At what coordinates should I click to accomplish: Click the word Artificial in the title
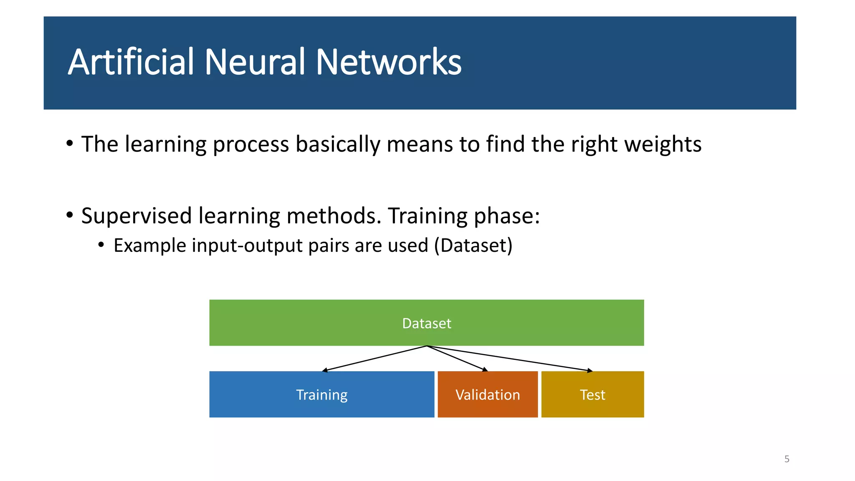131,62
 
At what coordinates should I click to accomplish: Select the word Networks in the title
388,62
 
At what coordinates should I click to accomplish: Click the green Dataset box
426,323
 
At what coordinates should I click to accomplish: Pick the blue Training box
321,395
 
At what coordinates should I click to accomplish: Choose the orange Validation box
488,395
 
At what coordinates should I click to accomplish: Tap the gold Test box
592,395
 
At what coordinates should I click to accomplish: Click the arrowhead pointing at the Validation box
485,370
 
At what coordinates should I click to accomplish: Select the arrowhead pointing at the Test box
590,370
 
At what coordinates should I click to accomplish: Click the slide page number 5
787,459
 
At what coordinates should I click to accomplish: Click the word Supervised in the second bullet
136,216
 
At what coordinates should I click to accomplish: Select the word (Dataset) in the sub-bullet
473,246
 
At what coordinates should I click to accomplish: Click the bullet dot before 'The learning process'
70,144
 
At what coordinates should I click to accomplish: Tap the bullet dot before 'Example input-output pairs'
101,244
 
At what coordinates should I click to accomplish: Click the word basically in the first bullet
337,144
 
